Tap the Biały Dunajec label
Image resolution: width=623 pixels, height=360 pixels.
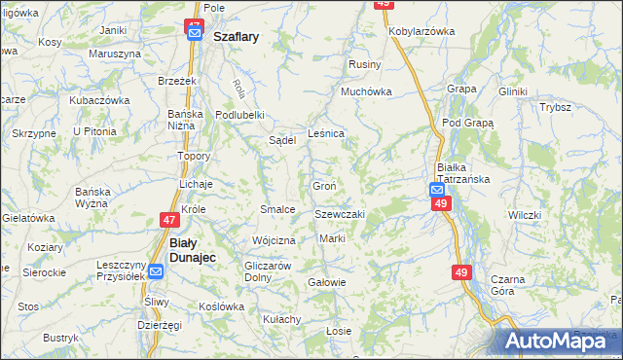click(192, 250)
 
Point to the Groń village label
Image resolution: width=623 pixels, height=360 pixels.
click(324, 186)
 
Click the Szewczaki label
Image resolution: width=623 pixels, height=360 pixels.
click(339, 214)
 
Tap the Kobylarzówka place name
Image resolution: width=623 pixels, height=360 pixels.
click(421, 31)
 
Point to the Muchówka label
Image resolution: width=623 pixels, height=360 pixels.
click(365, 92)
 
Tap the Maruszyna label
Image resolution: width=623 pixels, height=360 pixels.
click(108, 54)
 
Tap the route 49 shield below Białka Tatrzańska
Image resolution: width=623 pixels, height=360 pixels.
click(440, 202)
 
